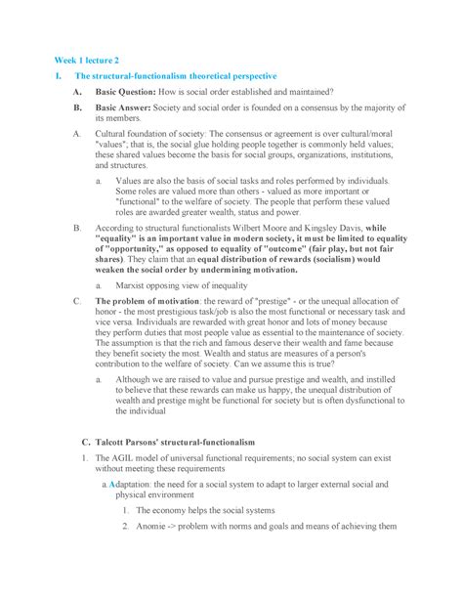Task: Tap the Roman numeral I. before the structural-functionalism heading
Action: point(60,76)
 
